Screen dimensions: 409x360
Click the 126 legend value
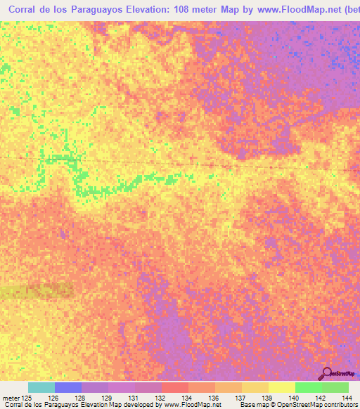click(52, 398)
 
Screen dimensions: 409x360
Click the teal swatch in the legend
click(41, 387)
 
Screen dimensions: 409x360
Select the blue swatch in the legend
click(67, 387)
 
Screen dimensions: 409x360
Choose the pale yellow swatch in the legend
click(281, 387)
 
